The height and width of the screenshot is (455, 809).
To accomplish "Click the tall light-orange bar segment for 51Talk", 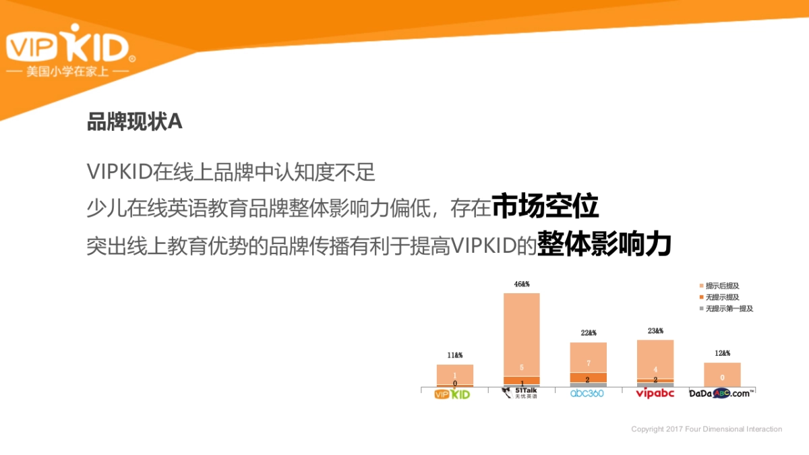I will [522, 334].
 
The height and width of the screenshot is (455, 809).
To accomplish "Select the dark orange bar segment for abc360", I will [588, 377].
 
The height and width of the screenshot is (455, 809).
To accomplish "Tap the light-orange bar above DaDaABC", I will [722, 375].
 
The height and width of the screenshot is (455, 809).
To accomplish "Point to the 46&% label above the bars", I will [522, 284].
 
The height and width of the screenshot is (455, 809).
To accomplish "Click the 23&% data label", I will [655, 331].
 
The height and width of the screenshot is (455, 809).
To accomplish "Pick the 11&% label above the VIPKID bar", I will [454, 355].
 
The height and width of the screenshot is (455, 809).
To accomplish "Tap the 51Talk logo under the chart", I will [522, 393].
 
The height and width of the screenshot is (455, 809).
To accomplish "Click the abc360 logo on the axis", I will [587, 393].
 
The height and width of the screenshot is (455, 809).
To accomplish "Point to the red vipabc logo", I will [655, 393].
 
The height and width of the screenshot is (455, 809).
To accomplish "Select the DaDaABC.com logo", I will [721, 393].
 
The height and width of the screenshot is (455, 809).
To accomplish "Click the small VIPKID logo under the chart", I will [452, 394].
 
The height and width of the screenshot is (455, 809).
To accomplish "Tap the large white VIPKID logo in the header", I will [67, 47].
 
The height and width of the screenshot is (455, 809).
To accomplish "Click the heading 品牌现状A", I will [135, 121].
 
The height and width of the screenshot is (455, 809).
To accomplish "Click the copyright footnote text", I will [707, 429].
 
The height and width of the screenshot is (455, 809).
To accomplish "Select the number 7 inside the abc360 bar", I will [588, 363].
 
